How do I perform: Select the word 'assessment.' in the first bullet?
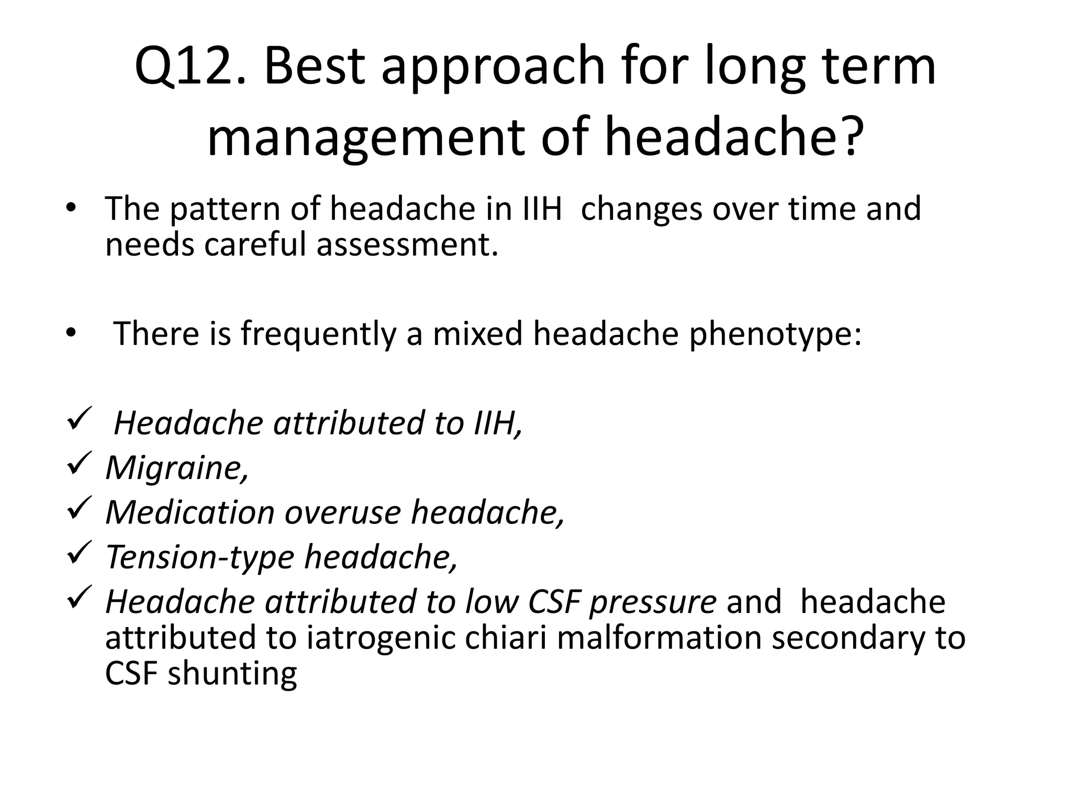(x=407, y=244)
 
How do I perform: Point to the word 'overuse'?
(x=342, y=512)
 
